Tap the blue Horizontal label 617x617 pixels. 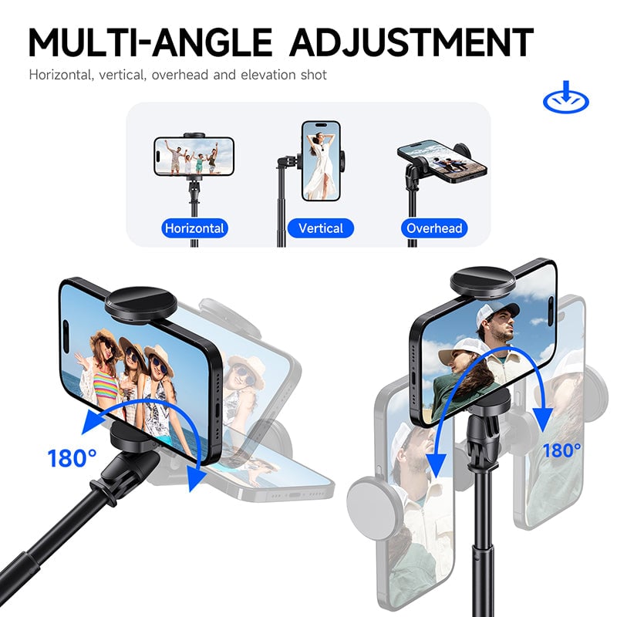[x=195, y=228]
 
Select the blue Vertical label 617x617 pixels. [x=320, y=228]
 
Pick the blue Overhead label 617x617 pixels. [x=434, y=228]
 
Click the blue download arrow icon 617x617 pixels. [x=566, y=99]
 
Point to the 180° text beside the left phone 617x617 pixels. [x=72, y=458]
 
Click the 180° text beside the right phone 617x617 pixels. [x=562, y=450]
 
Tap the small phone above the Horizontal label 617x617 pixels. [x=194, y=156]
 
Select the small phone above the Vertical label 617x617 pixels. [x=320, y=160]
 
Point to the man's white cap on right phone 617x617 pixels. [x=494, y=315]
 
